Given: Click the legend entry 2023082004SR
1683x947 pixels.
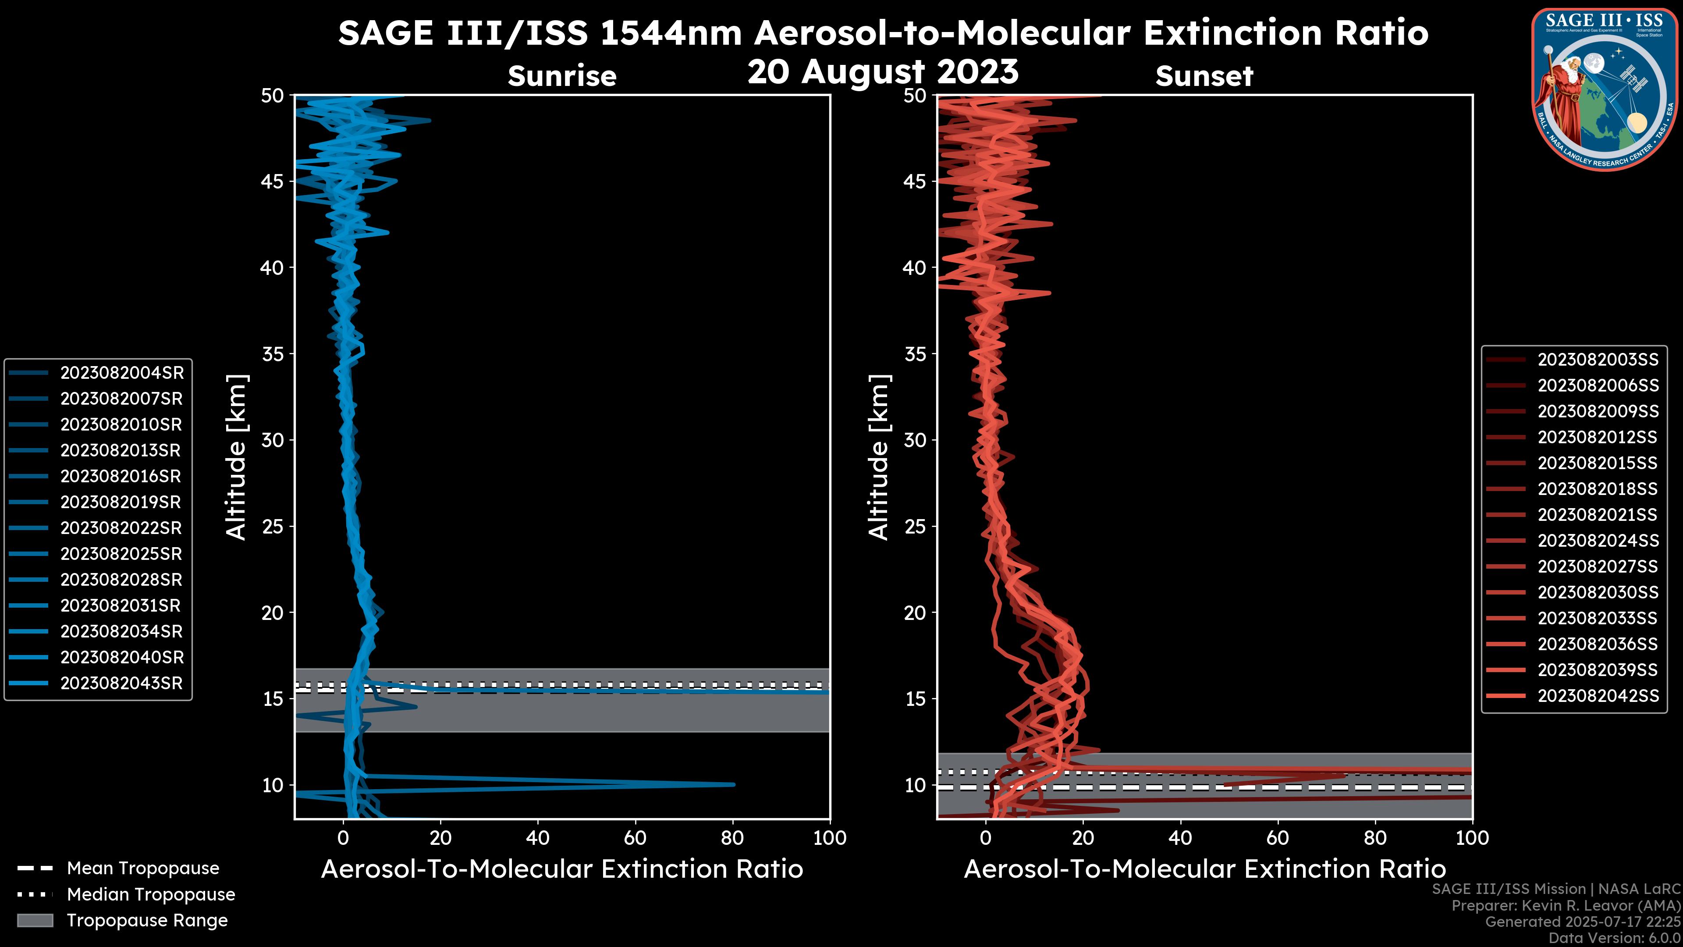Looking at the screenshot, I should [x=121, y=373].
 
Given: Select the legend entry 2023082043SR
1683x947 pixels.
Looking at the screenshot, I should [x=121, y=683].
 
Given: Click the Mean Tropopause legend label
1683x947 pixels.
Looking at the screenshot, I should [x=142, y=868].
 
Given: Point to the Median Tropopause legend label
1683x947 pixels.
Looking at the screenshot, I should [x=150, y=894].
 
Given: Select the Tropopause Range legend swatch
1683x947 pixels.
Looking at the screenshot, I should [x=35, y=920].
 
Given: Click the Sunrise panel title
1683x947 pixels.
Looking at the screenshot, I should [x=562, y=76].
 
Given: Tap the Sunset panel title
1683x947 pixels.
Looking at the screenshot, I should [x=1204, y=76].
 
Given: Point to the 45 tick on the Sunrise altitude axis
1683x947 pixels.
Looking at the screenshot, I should [x=273, y=181].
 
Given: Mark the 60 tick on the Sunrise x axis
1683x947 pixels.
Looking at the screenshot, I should [x=635, y=837].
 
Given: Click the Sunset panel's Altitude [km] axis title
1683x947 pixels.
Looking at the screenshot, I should [x=879, y=457].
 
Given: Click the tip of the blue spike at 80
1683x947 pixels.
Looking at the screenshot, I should [x=734, y=784].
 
